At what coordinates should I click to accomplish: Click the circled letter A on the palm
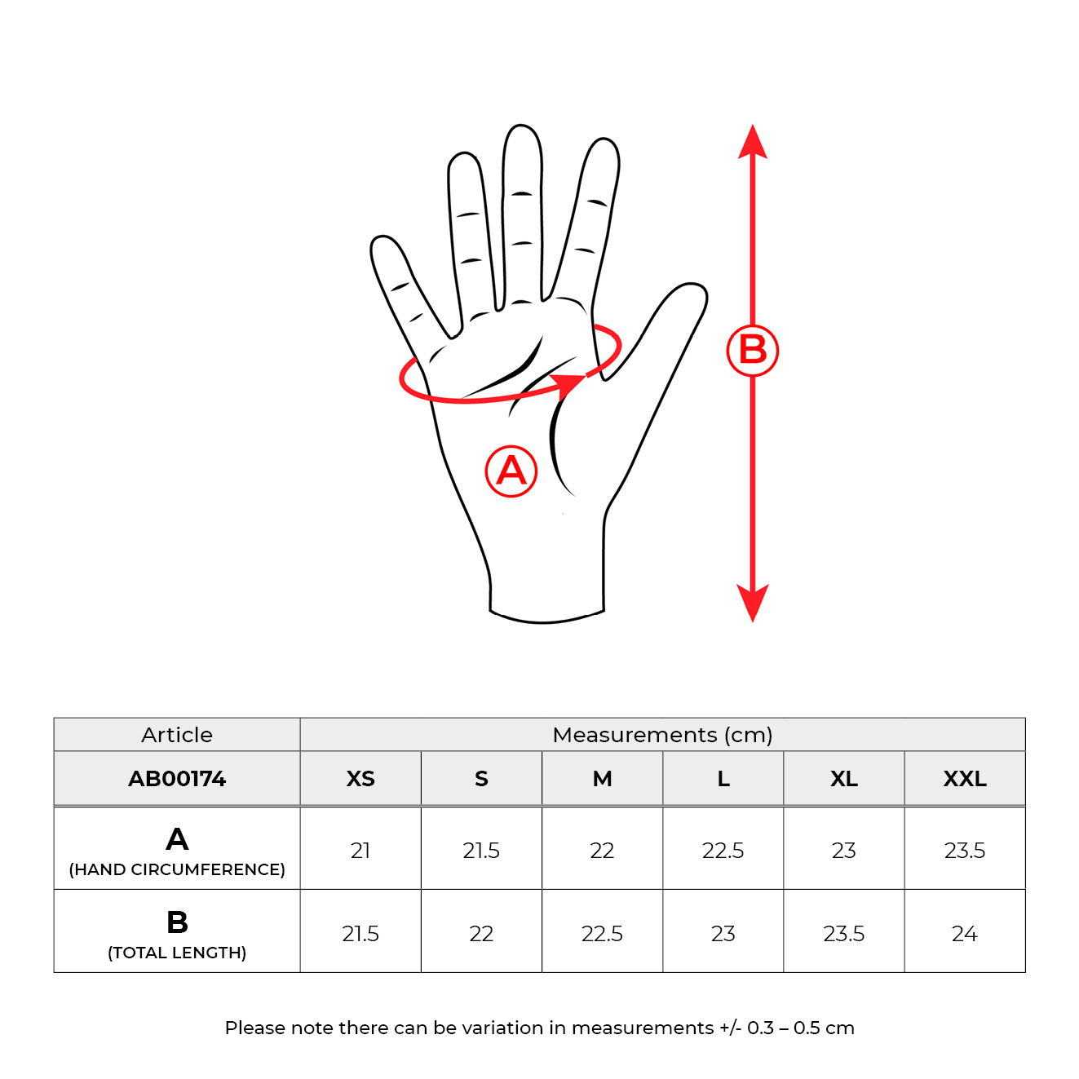click(x=511, y=471)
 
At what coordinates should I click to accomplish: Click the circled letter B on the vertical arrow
click(x=752, y=351)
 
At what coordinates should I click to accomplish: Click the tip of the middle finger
click(x=521, y=128)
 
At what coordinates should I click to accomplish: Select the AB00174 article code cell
click(x=177, y=778)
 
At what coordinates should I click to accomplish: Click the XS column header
click(x=360, y=778)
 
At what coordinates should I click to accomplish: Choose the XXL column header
click(x=965, y=778)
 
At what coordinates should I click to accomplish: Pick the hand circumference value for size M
click(x=602, y=851)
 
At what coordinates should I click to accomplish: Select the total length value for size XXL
click(x=964, y=933)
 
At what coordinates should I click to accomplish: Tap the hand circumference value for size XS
click(x=360, y=851)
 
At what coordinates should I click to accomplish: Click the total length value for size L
click(x=723, y=933)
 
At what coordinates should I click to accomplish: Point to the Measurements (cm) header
click(x=662, y=735)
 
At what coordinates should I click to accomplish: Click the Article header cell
click(x=177, y=735)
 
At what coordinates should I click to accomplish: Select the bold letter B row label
click(x=177, y=922)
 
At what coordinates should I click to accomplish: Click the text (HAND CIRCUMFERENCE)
click(x=177, y=869)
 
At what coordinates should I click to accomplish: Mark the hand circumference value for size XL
click(x=844, y=851)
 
